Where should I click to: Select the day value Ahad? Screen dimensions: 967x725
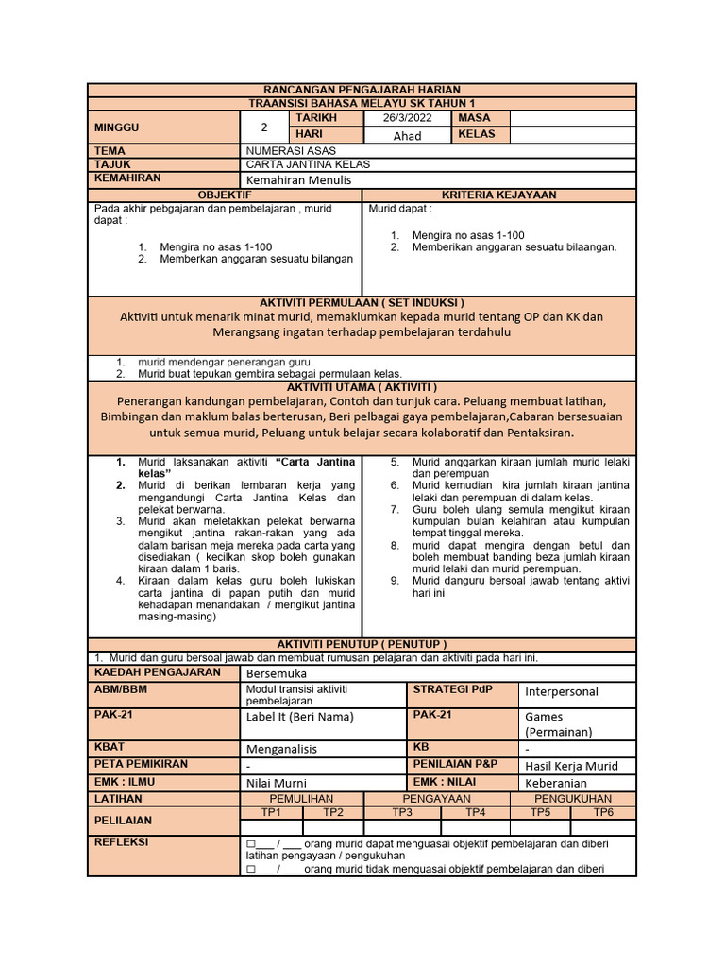tap(407, 136)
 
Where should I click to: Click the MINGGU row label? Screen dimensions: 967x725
tap(115, 127)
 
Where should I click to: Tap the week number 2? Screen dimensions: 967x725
tap(264, 127)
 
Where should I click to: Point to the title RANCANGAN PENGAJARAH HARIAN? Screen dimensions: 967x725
tap(362, 90)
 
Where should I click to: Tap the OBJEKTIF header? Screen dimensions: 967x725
tap(225, 195)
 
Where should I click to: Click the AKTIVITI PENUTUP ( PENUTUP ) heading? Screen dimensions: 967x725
tap(362, 643)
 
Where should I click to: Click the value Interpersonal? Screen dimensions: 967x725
tap(562, 691)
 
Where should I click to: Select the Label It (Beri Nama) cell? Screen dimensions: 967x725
tap(299, 717)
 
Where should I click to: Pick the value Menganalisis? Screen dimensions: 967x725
tap(281, 749)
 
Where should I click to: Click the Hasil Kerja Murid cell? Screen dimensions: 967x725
tap(571, 766)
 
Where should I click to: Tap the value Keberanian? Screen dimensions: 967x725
tap(556, 783)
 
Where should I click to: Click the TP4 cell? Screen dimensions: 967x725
tap(475, 812)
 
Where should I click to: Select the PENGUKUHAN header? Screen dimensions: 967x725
tap(572, 799)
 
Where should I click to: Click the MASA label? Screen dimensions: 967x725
tap(475, 118)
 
